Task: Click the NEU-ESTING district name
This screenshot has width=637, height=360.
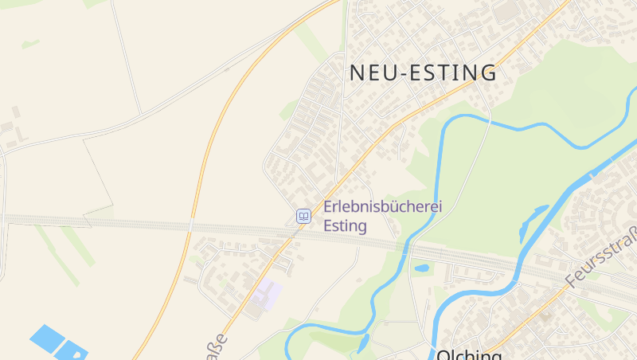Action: coord(423,72)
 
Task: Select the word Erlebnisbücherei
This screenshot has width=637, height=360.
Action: coord(382,207)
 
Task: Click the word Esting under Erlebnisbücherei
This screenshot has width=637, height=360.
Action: coord(345,226)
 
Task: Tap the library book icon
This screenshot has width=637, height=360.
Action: coord(303,216)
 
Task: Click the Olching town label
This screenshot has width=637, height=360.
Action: coord(469,354)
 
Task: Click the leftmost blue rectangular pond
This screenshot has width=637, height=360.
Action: coord(47,338)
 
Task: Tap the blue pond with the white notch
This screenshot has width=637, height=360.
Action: coord(72,350)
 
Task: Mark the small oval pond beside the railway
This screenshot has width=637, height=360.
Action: coord(421,268)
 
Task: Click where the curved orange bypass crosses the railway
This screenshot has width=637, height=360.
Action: coord(193,223)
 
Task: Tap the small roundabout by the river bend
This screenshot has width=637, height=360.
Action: coord(518,284)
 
